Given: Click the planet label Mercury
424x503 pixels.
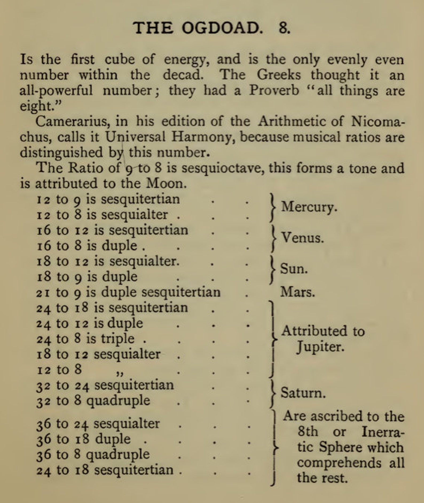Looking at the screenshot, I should pyautogui.click(x=309, y=207).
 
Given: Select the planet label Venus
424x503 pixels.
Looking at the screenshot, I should pyautogui.click(x=303, y=238).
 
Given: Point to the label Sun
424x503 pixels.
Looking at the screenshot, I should pyautogui.click(x=294, y=269).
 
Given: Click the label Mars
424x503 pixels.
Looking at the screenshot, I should pyautogui.click(x=297, y=292).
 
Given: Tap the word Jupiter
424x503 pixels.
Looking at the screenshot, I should pyautogui.click(x=320, y=347).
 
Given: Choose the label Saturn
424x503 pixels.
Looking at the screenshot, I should pyautogui.click(x=303, y=393).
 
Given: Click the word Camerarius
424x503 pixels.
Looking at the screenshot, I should pyautogui.click(x=73, y=122).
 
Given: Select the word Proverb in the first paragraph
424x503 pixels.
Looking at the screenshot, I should pyautogui.click(x=274, y=91).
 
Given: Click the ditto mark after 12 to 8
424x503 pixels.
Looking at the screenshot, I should pyautogui.click(x=120, y=373).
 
